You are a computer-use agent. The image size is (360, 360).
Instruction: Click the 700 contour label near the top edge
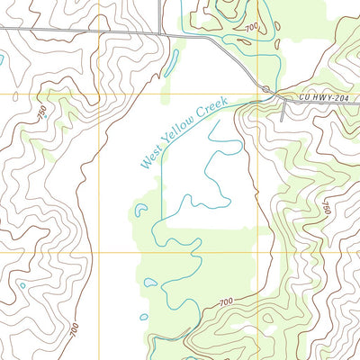point(248,29)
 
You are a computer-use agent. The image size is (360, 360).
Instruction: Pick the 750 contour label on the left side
point(42,114)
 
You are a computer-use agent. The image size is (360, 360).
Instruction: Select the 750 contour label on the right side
point(326,210)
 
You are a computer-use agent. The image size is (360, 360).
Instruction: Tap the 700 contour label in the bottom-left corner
point(74,329)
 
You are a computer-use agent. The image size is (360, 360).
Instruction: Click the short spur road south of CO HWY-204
point(284,110)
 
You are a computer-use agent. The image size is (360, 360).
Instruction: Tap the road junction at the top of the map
point(163,33)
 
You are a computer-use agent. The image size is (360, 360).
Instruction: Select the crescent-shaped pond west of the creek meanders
point(141,211)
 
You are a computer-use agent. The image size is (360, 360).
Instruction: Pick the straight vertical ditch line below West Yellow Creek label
point(162,193)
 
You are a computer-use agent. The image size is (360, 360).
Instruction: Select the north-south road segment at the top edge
point(163,13)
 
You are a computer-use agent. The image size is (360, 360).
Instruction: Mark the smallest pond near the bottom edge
point(142,317)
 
